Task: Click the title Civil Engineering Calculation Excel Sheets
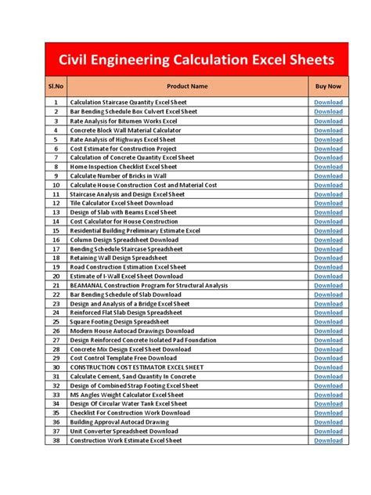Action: [x=185, y=60]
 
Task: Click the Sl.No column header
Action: [x=56, y=85]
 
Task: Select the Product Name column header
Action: [x=187, y=85]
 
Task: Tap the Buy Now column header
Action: [x=328, y=85]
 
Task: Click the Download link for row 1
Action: [x=328, y=103]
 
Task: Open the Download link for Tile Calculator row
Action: [x=328, y=203]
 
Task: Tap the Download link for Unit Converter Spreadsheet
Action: [x=328, y=431]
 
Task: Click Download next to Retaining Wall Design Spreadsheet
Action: [x=328, y=258]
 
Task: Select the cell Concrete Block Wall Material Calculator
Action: [x=125, y=130]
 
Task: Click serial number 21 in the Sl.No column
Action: [x=56, y=285]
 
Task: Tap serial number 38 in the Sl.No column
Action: [x=56, y=440]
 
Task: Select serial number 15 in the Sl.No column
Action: [x=56, y=230]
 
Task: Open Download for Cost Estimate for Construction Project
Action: [x=328, y=148]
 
